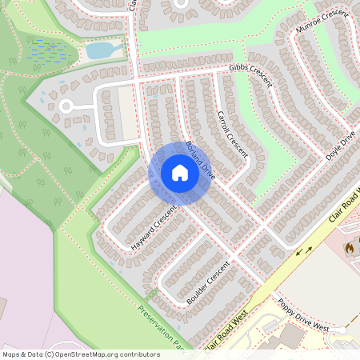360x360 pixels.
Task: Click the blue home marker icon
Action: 180,173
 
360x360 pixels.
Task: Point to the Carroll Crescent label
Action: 233,134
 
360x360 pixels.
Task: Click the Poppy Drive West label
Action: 303,314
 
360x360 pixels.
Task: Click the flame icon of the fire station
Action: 349,249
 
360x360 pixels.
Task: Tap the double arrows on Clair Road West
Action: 304,252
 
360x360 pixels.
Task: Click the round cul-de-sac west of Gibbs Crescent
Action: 66,106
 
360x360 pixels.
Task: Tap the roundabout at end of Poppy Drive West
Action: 342,330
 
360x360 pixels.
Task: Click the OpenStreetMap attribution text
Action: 80,354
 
